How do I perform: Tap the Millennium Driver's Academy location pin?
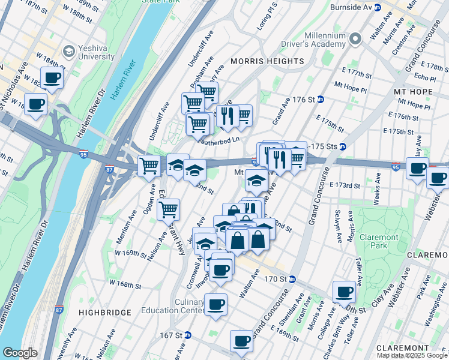tap(355, 40)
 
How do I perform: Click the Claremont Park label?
tap(379, 242)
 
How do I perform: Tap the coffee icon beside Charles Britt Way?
tap(345, 292)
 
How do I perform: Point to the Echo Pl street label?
tap(424, 78)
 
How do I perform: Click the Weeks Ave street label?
tap(379, 179)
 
